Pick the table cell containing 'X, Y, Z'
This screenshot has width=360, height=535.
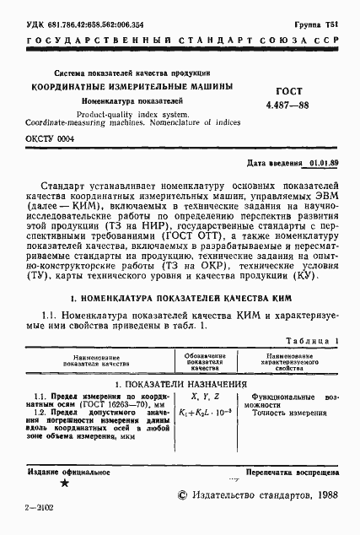click(x=205, y=396)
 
